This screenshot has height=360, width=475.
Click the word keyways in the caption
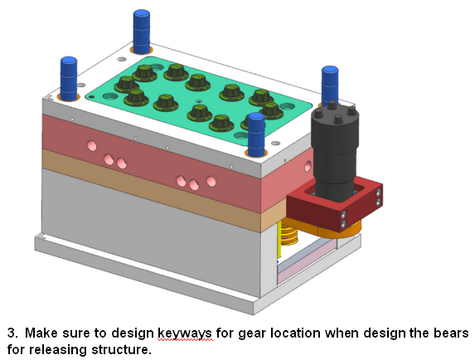(185, 333)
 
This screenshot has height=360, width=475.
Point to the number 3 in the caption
(12, 333)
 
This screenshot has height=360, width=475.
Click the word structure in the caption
(121, 349)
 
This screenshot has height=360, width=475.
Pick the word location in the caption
(295, 333)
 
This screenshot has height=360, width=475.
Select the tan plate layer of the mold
(152, 187)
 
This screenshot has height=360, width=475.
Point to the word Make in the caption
(41, 333)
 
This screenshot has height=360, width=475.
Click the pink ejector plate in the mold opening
(306, 264)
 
